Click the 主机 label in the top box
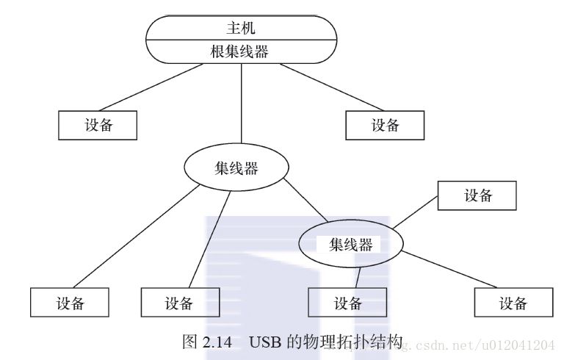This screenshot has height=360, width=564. (x=241, y=29)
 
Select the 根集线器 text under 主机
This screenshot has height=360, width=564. (x=241, y=51)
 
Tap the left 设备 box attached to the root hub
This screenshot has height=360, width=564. (x=98, y=125)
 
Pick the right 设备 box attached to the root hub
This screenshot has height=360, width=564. (x=385, y=125)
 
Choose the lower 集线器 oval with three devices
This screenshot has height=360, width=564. (x=350, y=245)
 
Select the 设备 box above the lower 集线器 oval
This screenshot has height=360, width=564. (x=477, y=195)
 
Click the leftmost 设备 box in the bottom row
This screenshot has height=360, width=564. (x=70, y=302)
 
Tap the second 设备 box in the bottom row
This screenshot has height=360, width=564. (x=179, y=302)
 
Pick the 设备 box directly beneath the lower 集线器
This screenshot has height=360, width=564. (x=347, y=302)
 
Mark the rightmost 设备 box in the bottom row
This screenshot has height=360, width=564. (x=513, y=302)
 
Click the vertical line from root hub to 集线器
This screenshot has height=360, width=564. (x=242, y=107)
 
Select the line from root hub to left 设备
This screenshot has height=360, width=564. (x=152, y=87)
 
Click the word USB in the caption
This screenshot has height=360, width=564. (x=264, y=342)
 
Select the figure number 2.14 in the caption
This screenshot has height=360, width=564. (x=218, y=342)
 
